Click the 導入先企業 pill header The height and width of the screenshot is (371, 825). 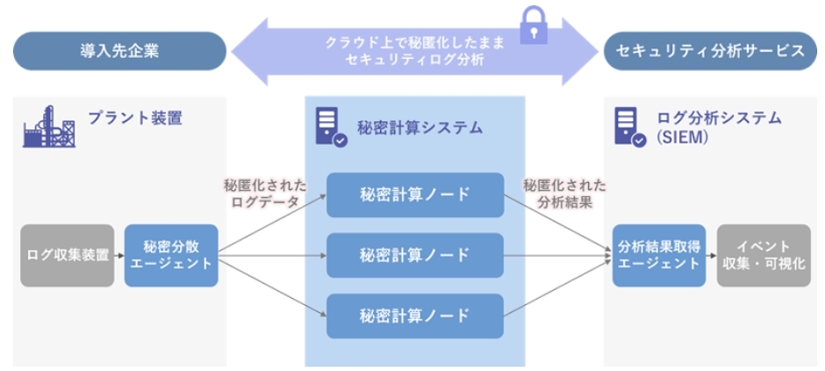(119, 50)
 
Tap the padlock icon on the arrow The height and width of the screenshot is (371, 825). (532, 25)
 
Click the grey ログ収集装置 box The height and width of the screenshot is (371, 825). (68, 255)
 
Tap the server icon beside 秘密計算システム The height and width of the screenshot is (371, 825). (326, 127)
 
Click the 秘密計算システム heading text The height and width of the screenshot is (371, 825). (420, 127)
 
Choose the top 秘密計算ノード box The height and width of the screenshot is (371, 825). (415, 195)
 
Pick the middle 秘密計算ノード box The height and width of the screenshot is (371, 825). (415, 255)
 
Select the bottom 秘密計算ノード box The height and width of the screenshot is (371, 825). (415, 316)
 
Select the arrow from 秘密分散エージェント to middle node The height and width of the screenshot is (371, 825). (272, 256)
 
